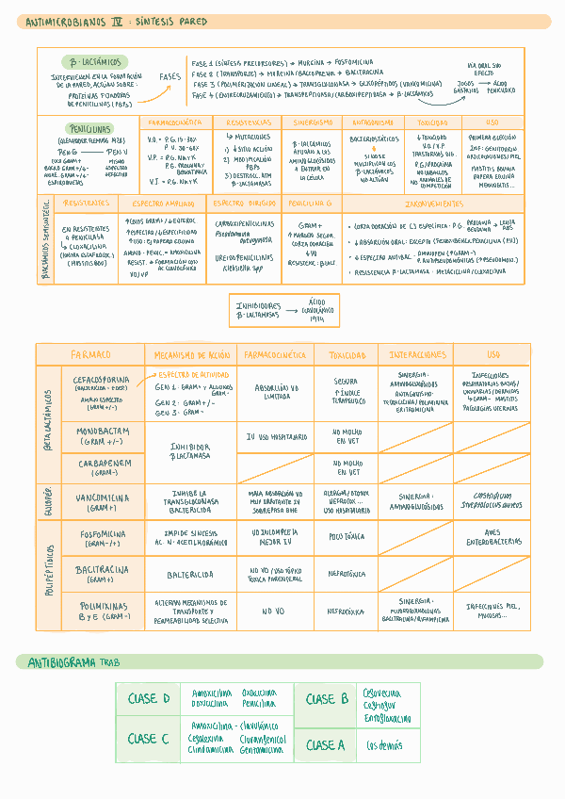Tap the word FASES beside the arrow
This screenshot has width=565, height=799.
(x=169, y=76)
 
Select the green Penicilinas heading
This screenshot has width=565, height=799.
(x=89, y=128)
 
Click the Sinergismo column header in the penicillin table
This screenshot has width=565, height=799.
(x=313, y=122)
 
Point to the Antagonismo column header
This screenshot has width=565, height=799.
(x=373, y=122)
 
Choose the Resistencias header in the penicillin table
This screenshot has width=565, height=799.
(x=248, y=122)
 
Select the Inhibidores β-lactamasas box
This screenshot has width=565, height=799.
(x=282, y=311)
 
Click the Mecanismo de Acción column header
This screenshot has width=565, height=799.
(x=193, y=354)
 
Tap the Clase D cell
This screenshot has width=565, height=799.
(x=149, y=698)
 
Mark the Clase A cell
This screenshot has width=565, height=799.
(x=326, y=745)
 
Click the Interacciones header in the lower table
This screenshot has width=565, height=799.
(x=414, y=354)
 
